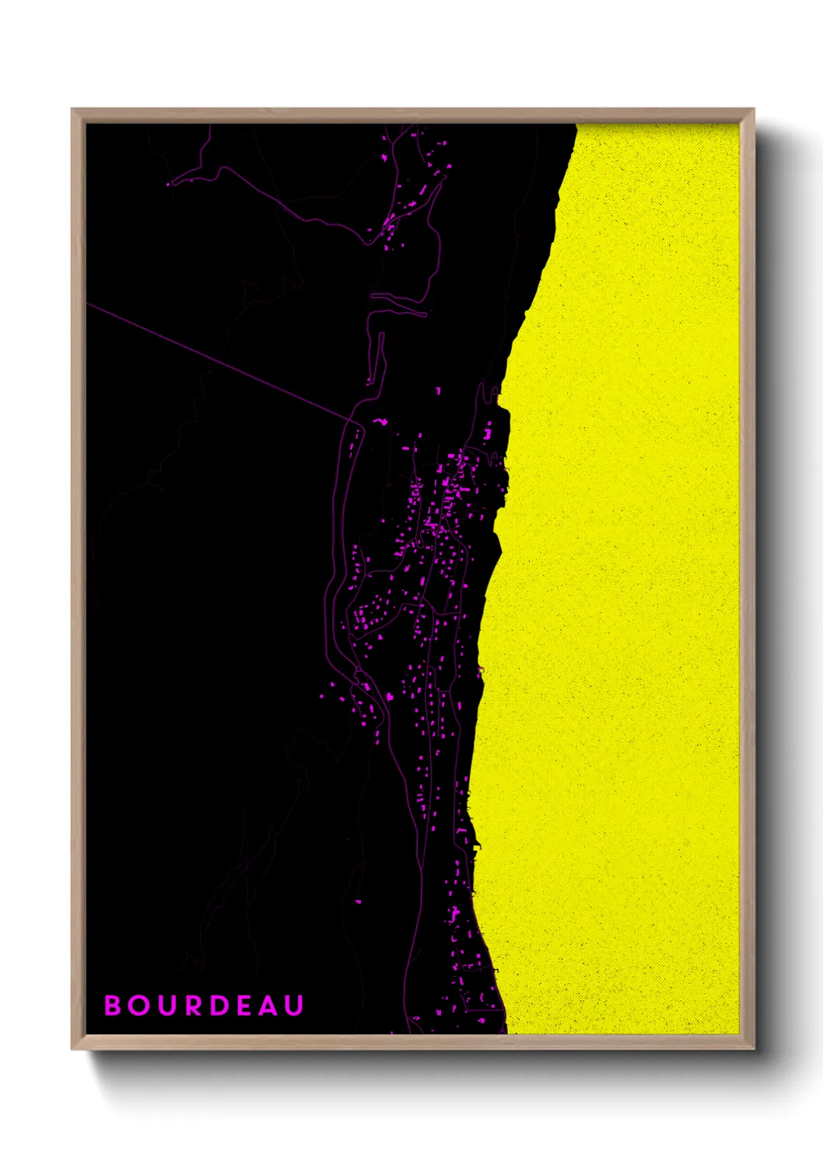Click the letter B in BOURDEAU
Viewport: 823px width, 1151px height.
[x=114, y=1006]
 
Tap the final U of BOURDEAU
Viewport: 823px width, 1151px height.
[x=293, y=1006]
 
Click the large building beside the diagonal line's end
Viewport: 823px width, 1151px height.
[x=380, y=422]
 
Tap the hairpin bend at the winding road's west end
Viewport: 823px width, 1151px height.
[x=171, y=184]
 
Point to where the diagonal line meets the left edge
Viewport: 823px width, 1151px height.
[x=88, y=304]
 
